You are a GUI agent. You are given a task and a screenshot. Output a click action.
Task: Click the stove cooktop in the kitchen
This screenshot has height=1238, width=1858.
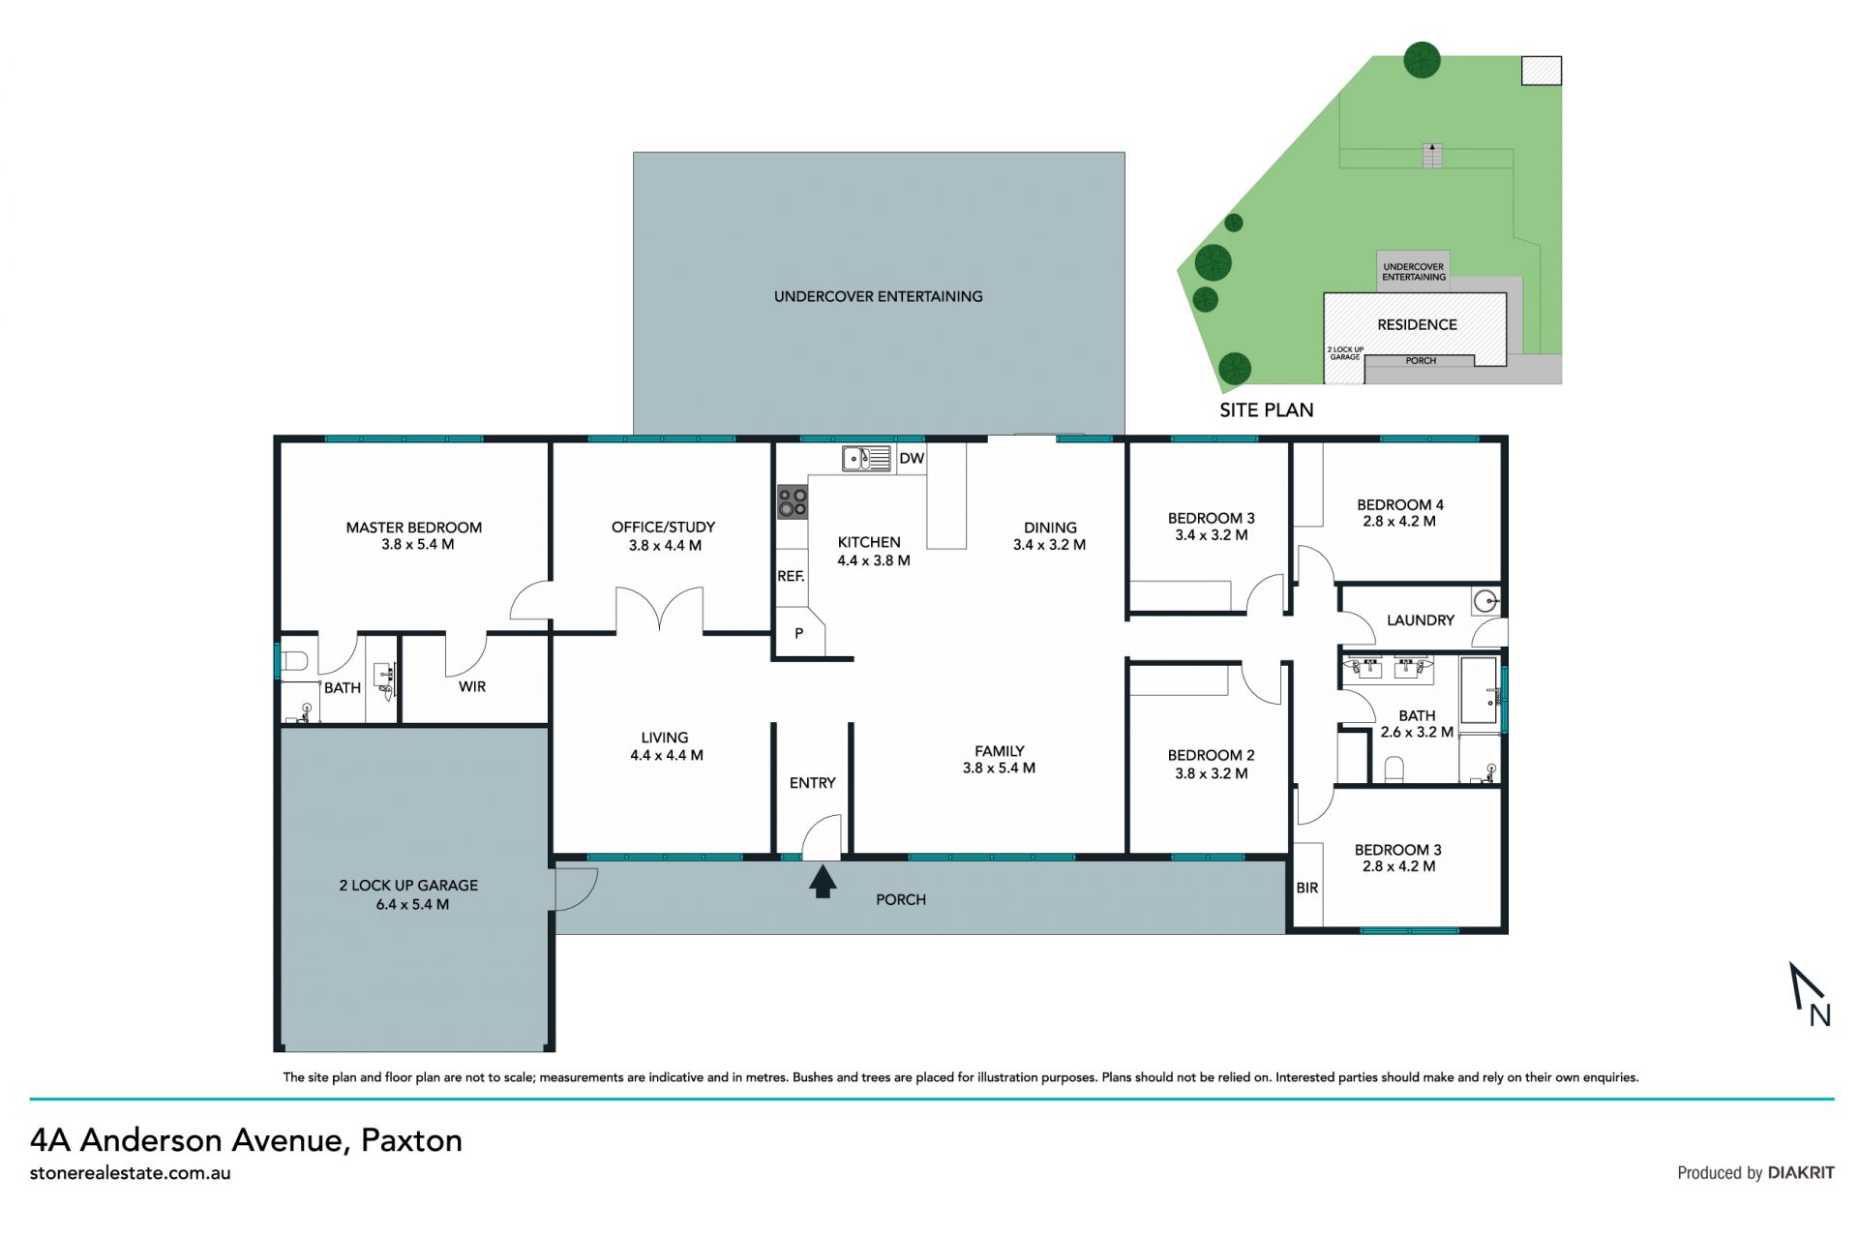pos(793,502)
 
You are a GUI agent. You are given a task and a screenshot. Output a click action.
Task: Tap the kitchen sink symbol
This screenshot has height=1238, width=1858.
pos(866,458)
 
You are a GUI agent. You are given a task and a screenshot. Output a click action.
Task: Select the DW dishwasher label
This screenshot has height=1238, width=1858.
pos(912,459)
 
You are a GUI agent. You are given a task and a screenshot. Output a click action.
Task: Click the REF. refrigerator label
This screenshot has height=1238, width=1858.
pos(791,576)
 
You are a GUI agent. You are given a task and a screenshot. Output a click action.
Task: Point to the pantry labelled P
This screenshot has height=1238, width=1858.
pos(798,634)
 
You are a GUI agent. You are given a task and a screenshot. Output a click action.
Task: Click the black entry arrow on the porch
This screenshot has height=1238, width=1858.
pos(823,882)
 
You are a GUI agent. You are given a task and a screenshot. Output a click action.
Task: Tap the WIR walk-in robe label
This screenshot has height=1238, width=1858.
pos(472,686)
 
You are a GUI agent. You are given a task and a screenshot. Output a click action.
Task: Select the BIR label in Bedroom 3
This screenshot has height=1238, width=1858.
pos(1306,888)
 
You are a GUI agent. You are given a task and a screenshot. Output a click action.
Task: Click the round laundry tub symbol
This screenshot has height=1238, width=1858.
pos(1485,601)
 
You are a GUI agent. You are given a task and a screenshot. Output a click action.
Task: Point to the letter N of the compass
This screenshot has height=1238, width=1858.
pos(1819,1014)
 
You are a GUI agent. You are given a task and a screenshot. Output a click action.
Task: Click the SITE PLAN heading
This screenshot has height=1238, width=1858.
pos(1266,410)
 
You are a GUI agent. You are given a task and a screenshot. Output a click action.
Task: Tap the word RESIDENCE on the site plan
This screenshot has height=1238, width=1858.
pos(1417,325)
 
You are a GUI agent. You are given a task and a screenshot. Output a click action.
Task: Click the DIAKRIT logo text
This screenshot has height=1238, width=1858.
pos(1801,1173)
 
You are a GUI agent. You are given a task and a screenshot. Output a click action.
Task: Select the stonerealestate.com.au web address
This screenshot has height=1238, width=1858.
pos(131,1173)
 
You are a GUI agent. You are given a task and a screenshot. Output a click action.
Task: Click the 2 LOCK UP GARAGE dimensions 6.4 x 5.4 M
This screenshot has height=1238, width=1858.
pos(412,904)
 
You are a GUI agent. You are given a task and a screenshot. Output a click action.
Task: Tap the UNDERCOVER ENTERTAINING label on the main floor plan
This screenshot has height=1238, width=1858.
pos(878,296)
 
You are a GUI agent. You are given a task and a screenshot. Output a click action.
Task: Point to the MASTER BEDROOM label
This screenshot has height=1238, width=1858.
pos(414,528)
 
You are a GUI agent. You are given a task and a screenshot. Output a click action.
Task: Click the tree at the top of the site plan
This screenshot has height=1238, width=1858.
pos(1422,60)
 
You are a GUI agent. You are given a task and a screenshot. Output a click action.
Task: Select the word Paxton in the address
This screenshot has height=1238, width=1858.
pos(411,1140)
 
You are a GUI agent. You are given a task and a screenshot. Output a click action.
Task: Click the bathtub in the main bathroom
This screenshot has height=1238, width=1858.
pos(1479,690)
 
